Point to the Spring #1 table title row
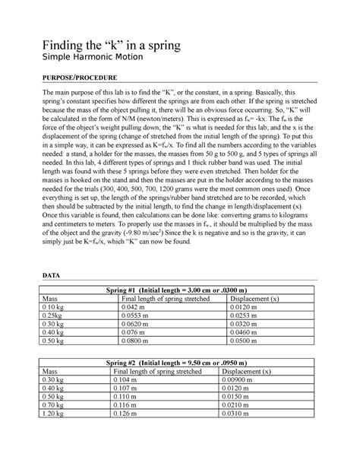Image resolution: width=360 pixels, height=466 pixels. tap(180, 290)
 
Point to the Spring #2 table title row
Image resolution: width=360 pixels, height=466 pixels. tap(180, 363)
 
